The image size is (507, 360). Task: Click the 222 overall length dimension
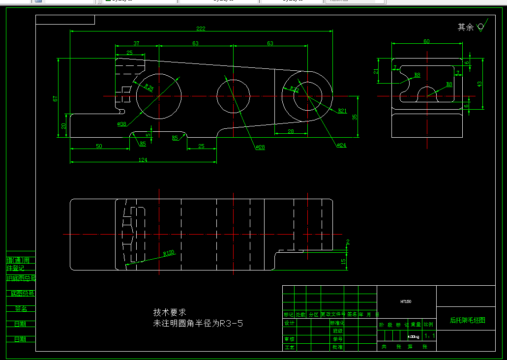tap(201, 28)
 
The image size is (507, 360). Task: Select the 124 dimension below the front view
tap(143, 160)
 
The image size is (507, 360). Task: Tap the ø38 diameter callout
tap(122, 124)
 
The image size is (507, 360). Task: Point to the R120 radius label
tap(169, 253)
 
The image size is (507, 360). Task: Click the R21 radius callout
tap(342, 111)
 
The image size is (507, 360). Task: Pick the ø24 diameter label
tap(342, 145)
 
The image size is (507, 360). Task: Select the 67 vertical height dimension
tap(56, 98)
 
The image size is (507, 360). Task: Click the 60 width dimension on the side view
tap(426, 41)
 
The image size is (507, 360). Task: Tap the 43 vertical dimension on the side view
tap(479, 84)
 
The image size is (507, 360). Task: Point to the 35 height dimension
tap(355, 117)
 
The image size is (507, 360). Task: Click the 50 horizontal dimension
tap(99, 146)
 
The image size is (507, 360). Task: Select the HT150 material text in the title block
tap(406, 301)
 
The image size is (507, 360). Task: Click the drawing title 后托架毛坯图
tap(467, 320)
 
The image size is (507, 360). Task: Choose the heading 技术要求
tap(170, 312)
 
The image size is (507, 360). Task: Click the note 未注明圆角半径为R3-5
tap(198, 324)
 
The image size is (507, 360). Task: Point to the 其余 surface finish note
tap(466, 28)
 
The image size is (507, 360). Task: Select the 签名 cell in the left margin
tap(21, 309)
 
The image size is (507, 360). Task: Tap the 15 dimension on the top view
tap(343, 261)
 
